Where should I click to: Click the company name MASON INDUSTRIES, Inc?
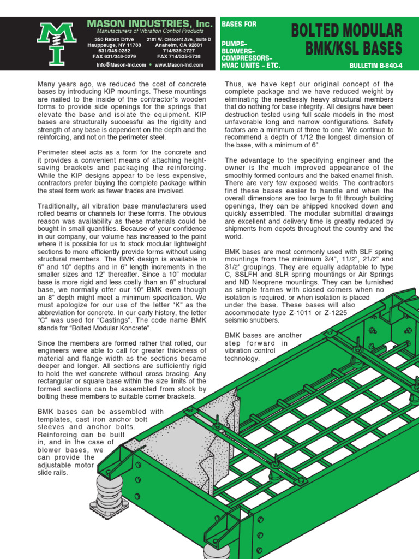pyautogui.click(x=149, y=24)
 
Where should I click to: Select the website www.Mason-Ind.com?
pyautogui.click(x=178, y=64)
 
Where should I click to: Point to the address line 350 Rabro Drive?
pyautogui.click(x=113, y=40)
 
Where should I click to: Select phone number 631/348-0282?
pyautogui.click(x=114, y=51)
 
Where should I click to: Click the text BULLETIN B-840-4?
pyautogui.click(x=375, y=65)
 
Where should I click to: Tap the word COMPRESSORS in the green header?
pyautogui.click(x=246, y=57)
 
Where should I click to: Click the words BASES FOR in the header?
pyautogui.click(x=238, y=25)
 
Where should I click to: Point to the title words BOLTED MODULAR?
pyautogui.click(x=346, y=31)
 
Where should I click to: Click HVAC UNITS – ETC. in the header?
pyautogui.click(x=250, y=65)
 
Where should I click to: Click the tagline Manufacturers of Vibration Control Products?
pyautogui.click(x=150, y=32)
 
